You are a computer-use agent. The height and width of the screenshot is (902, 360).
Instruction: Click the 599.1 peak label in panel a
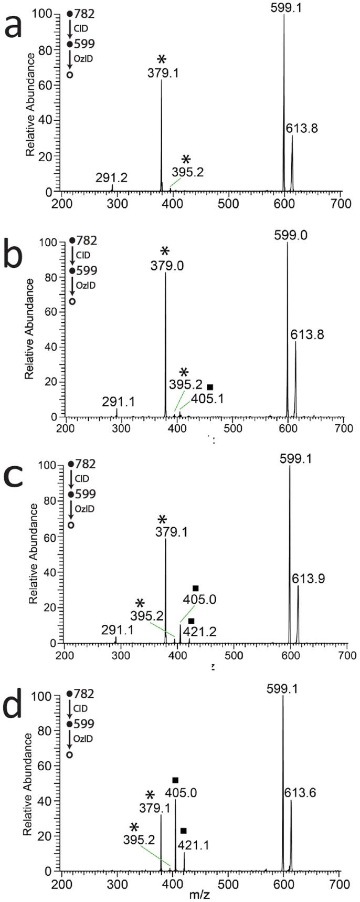tap(284, 7)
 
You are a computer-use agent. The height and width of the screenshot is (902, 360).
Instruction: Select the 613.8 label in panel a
tap(302, 128)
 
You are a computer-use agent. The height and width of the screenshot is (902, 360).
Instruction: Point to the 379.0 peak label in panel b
tap(165, 265)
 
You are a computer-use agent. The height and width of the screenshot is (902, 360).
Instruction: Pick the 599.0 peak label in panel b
tap(288, 236)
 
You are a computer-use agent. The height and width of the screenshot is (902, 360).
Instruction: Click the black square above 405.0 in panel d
tap(175, 780)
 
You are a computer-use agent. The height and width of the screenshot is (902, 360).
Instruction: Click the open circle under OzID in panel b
tap(72, 301)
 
